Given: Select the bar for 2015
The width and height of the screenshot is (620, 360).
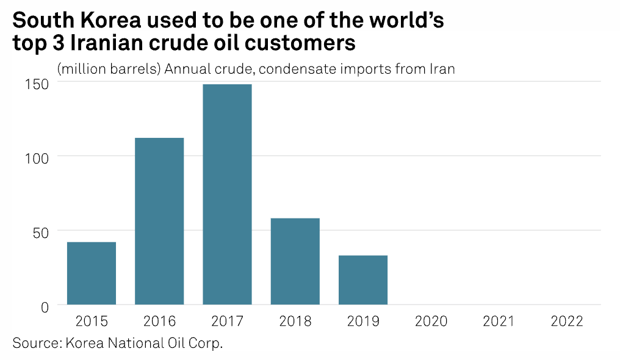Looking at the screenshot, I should point(92,273).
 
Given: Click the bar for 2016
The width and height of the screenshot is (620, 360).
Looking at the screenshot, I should point(159,221).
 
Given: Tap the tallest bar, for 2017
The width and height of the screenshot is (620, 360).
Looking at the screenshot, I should point(227,194).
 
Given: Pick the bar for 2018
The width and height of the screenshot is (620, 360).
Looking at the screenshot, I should point(295,261).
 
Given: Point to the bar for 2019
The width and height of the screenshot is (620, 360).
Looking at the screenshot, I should point(362,279).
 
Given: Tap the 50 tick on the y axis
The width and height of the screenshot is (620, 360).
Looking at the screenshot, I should point(40,231).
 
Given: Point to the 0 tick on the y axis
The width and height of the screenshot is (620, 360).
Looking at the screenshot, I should point(45,306).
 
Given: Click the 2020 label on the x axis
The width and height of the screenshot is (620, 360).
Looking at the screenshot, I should point(431,322).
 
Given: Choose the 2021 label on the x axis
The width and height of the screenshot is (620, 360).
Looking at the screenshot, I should point(499,322).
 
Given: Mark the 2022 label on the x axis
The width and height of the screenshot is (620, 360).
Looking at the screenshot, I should point(566,322).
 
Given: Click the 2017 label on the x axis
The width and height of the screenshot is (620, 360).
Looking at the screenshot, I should point(227,322).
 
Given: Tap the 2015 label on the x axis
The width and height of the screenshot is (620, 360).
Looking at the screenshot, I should point(92,322).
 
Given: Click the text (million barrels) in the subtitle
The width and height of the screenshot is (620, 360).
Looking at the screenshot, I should point(109,69).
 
